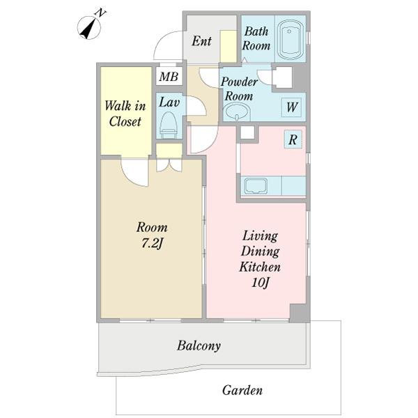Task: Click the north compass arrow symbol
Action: (x=89, y=27)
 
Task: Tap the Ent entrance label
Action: (x=201, y=41)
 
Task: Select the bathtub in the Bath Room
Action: (x=290, y=39)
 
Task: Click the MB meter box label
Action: (x=169, y=77)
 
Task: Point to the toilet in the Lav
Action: (x=169, y=125)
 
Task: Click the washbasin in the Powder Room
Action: (x=237, y=111)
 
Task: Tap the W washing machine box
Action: (x=292, y=107)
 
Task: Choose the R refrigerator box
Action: (x=293, y=139)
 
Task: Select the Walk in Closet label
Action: (x=125, y=114)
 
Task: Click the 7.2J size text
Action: (x=152, y=243)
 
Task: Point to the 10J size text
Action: (x=260, y=283)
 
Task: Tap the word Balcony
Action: (x=199, y=346)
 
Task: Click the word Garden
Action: (x=242, y=391)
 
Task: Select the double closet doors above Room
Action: (x=169, y=165)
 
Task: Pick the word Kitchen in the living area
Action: (x=260, y=267)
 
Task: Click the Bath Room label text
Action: (x=256, y=38)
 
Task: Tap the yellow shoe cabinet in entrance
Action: (x=229, y=47)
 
